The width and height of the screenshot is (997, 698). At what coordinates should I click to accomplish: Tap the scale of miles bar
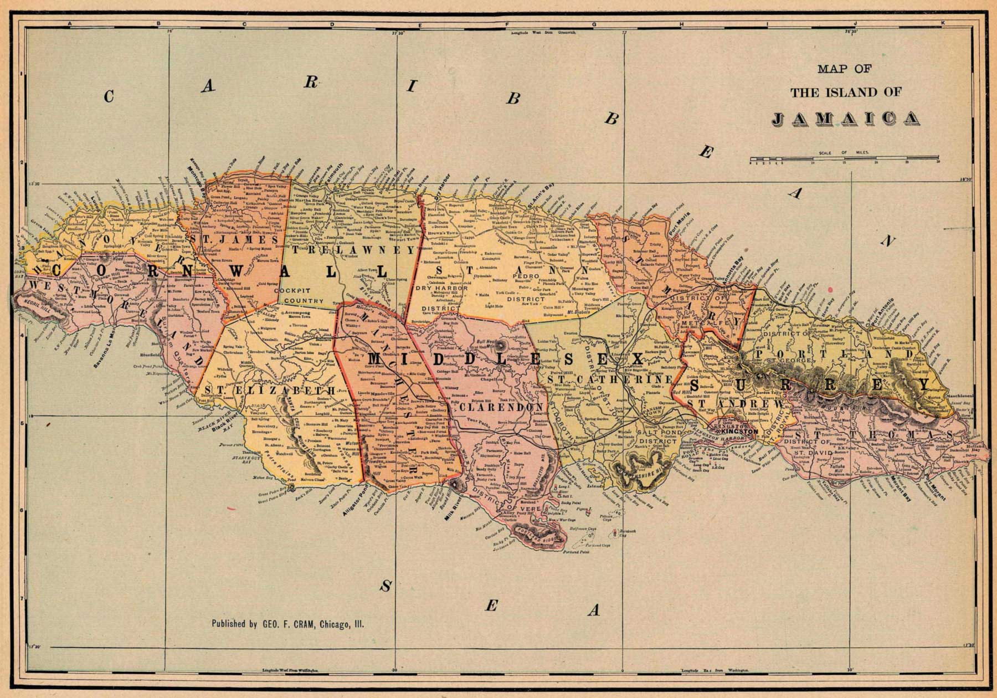pos(844,161)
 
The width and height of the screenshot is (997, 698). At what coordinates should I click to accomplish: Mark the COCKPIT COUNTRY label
pos(301,296)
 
